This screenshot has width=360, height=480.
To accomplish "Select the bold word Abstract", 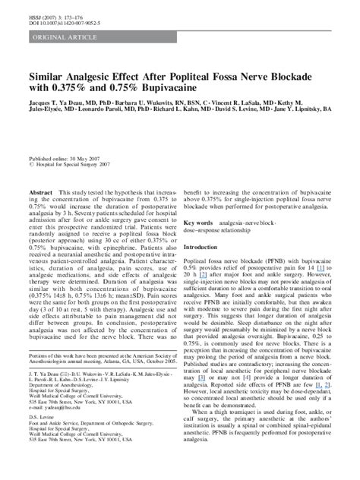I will coord(40,193).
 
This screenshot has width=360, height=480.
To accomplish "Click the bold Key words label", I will coord(197,223).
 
